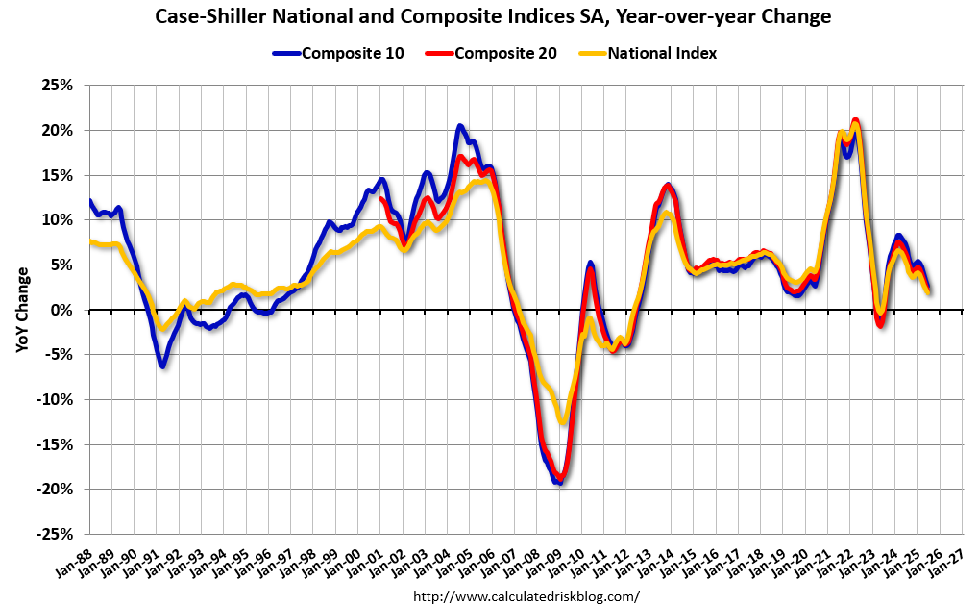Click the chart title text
click(490, 16)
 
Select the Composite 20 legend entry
click(506, 53)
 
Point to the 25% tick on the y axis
click(59, 85)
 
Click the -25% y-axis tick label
click(56, 534)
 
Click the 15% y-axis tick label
click(59, 175)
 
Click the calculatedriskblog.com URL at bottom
click(526, 596)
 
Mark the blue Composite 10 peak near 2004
click(460, 126)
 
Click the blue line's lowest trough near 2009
click(558, 483)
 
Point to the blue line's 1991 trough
click(163, 366)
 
